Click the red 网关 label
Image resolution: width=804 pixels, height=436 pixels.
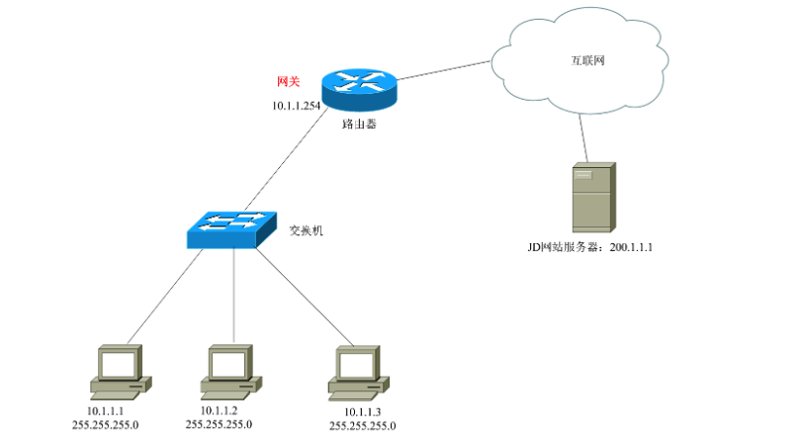click(x=289, y=81)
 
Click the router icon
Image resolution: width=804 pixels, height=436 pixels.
click(x=358, y=89)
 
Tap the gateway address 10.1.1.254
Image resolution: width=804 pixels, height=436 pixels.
click(x=297, y=105)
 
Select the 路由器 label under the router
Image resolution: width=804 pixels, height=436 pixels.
click(x=359, y=126)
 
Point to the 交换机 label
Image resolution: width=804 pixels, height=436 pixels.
click(x=307, y=230)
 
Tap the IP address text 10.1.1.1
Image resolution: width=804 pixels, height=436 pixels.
click(x=106, y=410)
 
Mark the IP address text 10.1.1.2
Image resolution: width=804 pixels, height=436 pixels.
click(x=219, y=410)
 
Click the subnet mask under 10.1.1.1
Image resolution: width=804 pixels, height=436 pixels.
click(x=106, y=424)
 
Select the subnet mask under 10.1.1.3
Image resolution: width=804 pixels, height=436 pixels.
click(x=363, y=425)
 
